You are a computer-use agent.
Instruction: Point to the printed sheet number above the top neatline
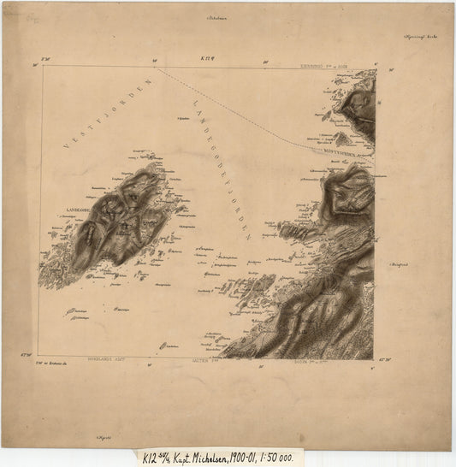click(206, 58)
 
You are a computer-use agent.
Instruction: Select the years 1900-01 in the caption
click(269, 458)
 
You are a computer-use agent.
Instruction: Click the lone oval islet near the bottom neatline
click(163, 346)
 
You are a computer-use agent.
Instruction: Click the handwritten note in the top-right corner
click(421, 37)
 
